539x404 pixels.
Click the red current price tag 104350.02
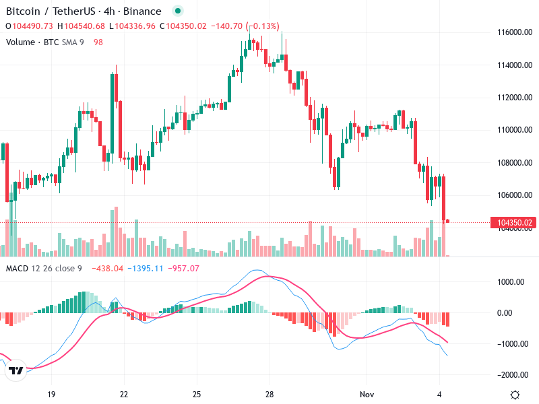click(x=514, y=223)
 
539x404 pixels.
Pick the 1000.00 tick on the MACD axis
click(x=511, y=282)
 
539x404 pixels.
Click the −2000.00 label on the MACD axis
click(x=509, y=375)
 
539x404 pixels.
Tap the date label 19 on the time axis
click(x=51, y=393)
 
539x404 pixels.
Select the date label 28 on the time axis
click(x=269, y=393)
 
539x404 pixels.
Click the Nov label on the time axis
click(x=367, y=393)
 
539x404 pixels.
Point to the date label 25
click(x=197, y=393)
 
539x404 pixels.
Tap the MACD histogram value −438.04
click(x=107, y=269)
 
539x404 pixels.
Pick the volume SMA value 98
click(x=98, y=42)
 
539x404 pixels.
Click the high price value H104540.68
click(x=81, y=26)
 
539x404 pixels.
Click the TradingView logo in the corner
click(x=15, y=371)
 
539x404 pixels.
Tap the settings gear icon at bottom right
click(x=515, y=394)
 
